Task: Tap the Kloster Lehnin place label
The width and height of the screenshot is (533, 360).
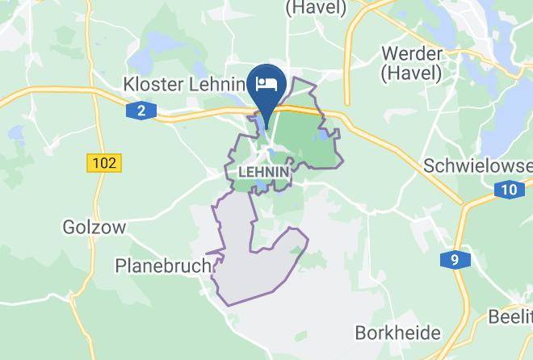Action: tap(183, 83)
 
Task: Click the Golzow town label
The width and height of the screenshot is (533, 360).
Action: tap(94, 228)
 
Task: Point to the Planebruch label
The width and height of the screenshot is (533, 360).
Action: tap(163, 265)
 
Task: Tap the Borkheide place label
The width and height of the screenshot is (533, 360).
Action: tap(397, 333)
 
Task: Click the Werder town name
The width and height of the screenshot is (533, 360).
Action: tap(411, 54)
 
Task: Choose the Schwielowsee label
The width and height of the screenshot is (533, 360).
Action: tap(477, 165)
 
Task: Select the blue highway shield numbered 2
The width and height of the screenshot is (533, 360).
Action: tap(141, 111)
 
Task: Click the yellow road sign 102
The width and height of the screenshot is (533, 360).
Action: tap(103, 162)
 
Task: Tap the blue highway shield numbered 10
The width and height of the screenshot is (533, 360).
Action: tap(507, 190)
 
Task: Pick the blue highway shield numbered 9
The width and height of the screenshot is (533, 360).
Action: tap(455, 260)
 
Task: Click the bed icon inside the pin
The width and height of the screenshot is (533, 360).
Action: tap(267, 83)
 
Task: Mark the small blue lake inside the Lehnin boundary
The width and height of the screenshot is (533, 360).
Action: tap(324, 138)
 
